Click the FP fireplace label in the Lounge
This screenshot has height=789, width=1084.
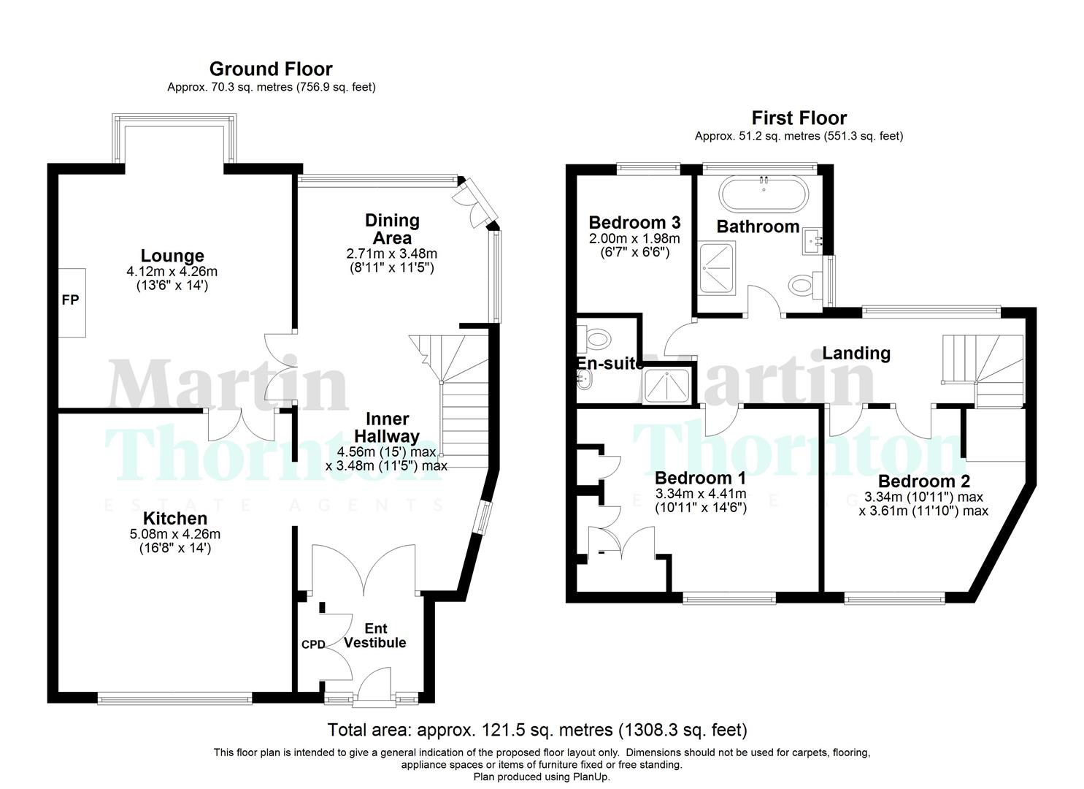point(70,300)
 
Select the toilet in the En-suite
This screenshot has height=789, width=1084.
point(596,338)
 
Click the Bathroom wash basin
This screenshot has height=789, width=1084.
point(814,240)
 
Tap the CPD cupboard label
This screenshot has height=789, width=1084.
point(313,644)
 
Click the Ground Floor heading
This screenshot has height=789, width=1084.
point(271,69)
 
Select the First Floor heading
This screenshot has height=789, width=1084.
point(799,118)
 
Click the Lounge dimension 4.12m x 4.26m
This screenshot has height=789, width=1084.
point(172,272)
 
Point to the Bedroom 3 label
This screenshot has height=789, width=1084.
point(634,222)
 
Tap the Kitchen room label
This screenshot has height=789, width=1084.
point(174,519)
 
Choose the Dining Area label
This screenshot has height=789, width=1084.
point(392,229)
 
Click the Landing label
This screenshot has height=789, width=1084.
point(856,354)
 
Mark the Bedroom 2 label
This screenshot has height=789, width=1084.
point(923,481)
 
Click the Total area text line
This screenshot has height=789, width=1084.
point(537,729)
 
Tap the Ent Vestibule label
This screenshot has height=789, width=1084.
point(374,636)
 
